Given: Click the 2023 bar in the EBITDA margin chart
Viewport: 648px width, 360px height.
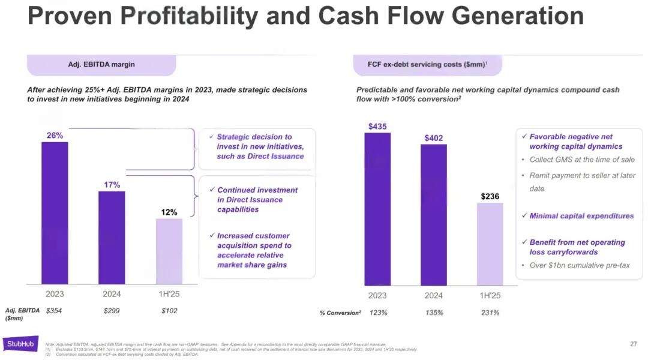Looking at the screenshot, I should click(x=55, y=213).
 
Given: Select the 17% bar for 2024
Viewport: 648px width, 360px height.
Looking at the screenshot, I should click(x=112, y=237).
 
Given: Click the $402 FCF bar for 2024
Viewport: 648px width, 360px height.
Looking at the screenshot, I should click(x=434, y=215).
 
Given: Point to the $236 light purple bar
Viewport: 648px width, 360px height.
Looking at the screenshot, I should click(x=490, y=244).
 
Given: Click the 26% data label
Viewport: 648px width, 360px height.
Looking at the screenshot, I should click(x=55, y=136).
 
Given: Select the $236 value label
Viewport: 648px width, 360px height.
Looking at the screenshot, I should click(x=490, y=196).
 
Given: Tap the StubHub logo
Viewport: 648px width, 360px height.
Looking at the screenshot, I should click(x=20, y=344).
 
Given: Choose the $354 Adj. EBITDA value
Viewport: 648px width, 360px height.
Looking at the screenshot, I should click(x=54, y=311).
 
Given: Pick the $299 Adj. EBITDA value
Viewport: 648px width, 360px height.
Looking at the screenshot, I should click(x=112, y=311).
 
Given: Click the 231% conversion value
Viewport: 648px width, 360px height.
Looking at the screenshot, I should click(x=490, y=313).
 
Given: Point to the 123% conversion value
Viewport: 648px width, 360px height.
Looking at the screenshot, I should click(x=378, y=313).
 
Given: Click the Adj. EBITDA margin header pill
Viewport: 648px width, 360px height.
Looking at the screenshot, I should click(x=101, y=65).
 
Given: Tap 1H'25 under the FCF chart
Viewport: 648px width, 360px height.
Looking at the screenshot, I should click(x=490, y=296).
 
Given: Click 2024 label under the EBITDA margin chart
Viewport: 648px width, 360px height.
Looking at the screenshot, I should click(x=112, y=294).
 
